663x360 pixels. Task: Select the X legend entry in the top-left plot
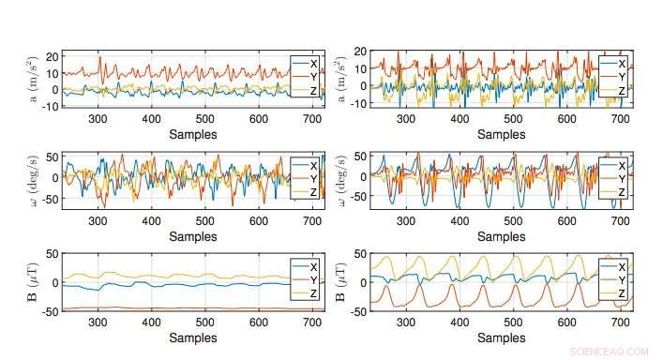(x=313, y=63)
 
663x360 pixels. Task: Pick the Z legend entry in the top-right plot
(x=619, y=90)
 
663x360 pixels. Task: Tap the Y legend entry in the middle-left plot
(x=313, y=177)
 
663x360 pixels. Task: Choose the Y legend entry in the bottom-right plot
(x=619, y=279)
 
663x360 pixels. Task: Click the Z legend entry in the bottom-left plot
(x=313, y=293)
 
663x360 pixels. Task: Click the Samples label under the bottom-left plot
(x=191, y=337)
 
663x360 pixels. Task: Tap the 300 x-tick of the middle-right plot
(x=405, y=220)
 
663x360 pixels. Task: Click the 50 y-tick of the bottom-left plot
(x=53, y=254)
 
